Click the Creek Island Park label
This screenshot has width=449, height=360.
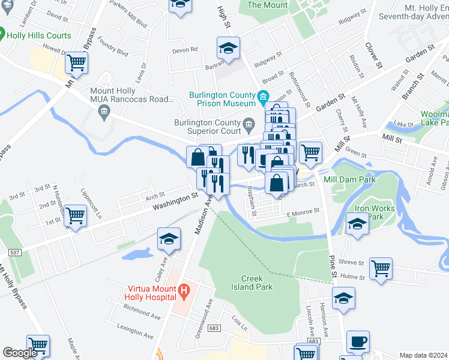(x=257, y=283)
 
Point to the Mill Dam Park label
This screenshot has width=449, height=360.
(x=349, y=179)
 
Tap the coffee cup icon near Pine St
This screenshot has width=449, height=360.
(x=358, y=341)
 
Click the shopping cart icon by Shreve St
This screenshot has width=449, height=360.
(x=381, y=268)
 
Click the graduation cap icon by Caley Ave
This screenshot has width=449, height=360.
(x=169, y=239)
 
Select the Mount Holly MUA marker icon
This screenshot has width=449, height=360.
(x=104, y=111)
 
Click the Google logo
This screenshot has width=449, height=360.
(x=20, y=353)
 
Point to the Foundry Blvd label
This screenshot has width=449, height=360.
(x=114, y=53)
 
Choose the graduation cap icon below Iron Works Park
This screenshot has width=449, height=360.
(x=357, y=224)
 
